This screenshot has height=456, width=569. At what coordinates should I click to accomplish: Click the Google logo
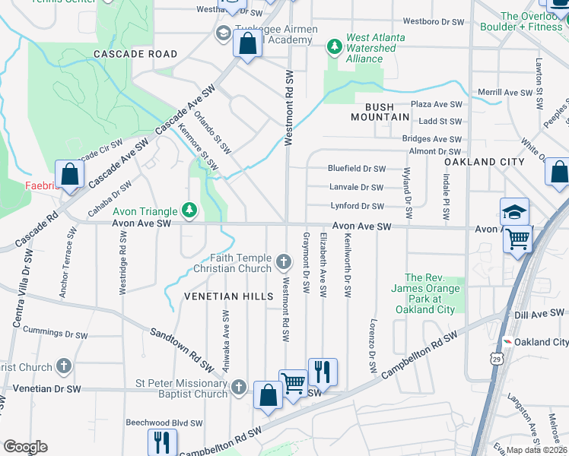25,447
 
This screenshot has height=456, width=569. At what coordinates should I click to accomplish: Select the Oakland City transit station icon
507,342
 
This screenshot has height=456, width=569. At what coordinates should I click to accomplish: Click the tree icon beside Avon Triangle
189,211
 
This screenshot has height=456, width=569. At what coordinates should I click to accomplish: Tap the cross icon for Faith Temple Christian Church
284,262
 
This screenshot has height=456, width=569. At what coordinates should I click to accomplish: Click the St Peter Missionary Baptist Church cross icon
240,388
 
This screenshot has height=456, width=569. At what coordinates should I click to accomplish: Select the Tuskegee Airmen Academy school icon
224,33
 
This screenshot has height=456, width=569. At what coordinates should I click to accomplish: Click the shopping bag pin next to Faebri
70,174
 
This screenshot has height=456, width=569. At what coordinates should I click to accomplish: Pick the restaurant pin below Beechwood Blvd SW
162,442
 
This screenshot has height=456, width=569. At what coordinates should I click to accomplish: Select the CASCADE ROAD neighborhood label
135,54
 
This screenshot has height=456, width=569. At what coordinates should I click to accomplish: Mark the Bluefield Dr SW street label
356,169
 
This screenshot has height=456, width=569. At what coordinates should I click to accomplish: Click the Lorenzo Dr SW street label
374,346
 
